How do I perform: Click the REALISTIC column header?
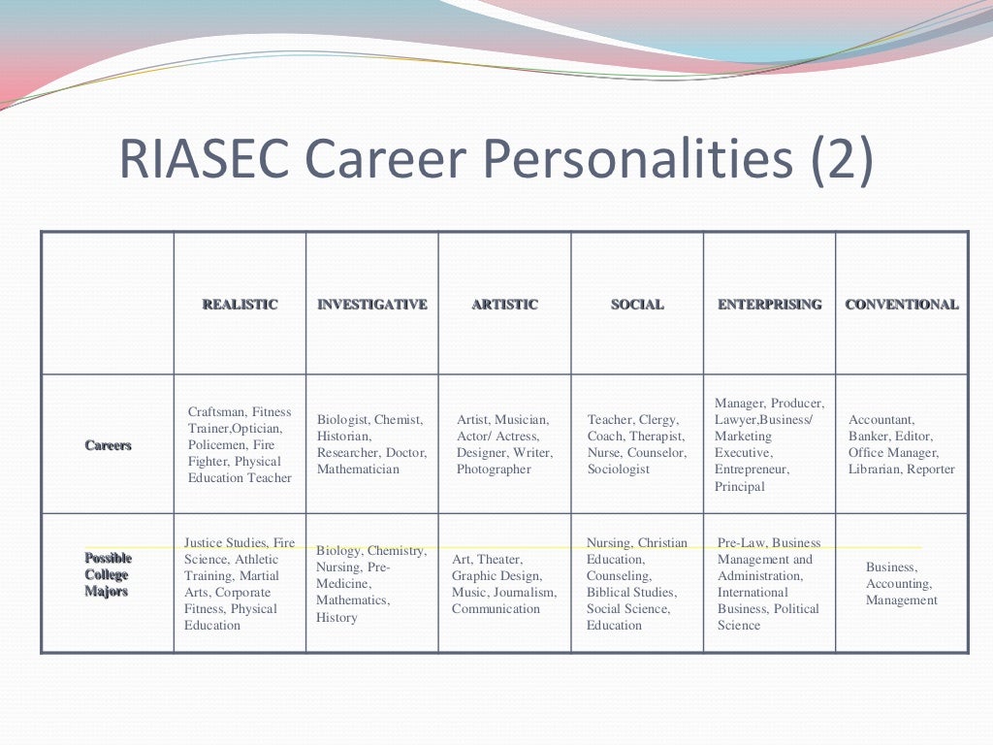tap(240, 305)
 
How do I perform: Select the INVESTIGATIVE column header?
tap(372, 305)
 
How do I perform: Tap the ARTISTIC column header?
tap(504, 305)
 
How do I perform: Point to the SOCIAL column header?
tap(637, 305)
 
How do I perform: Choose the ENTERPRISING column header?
tap(770, 305)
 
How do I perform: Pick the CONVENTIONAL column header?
tap(902, 305)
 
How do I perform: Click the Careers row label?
tap(108, 445)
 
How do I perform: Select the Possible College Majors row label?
tap(108, 574)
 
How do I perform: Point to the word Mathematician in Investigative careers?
tap(358, 470)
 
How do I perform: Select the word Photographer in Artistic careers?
tap(494, 470)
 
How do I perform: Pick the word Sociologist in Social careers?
tap(620, 470)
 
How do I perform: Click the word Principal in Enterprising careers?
tap(740, 487)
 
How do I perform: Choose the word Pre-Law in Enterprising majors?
tap(741, 543)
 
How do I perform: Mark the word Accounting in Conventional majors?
tap(899, 584)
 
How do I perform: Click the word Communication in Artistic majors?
tap(496, 609)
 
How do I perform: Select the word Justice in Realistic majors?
tap(205, 543)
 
